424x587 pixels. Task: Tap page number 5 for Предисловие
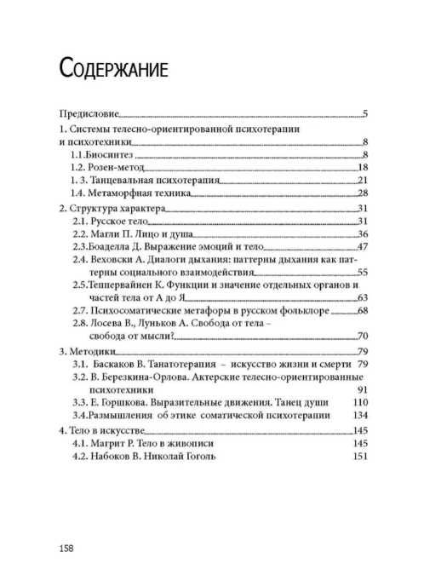[364, 112]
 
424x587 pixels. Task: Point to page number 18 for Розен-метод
[360, 168]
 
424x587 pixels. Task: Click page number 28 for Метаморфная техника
[360, 195]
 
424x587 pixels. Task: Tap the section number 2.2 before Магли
[81, 234]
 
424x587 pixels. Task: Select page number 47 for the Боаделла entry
[360, 247]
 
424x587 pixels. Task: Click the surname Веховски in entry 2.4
[115, 261]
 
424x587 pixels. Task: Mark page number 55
[360, 273]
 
